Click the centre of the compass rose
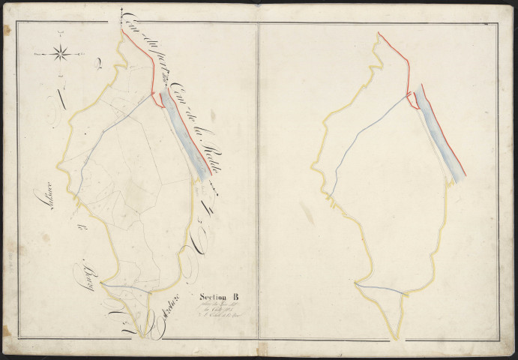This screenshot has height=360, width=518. [x=62, y=53]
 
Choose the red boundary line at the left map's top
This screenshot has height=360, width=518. [x=139, y=60]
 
